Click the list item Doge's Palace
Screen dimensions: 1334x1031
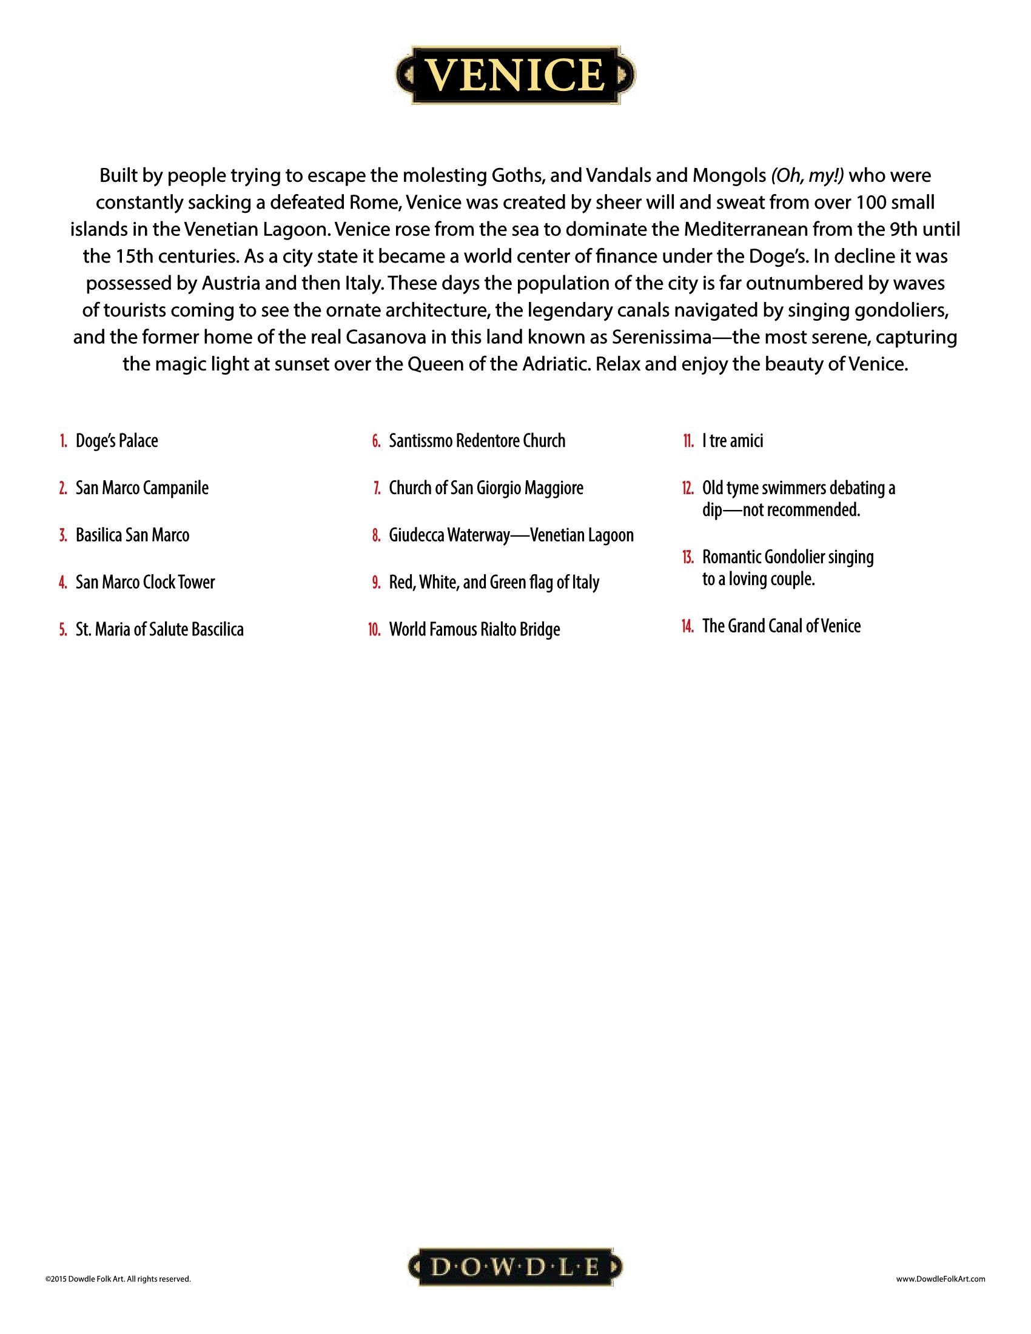[x=116, y=440]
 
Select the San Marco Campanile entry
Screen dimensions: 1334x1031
[x=142, y=488]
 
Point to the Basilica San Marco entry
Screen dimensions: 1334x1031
[x=133, y=535]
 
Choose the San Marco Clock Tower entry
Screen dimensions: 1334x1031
[x=146, y=582]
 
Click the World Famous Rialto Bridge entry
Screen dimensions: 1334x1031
[x=475, y=629]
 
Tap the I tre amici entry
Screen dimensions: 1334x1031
[x=733, y=440]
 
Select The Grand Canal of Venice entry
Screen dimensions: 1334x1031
[x=781, y=626]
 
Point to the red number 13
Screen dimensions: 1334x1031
[x=688, y=558]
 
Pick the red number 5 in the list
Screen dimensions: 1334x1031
[x=64, y=630]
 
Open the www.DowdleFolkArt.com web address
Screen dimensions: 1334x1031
[x=941, y=1278]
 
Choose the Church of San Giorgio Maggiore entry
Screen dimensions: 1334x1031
[x=486, y=488]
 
